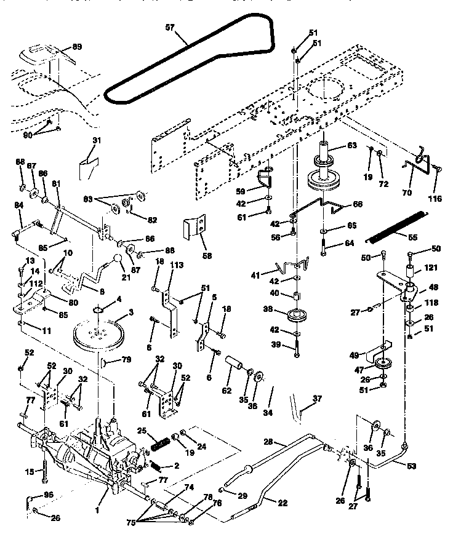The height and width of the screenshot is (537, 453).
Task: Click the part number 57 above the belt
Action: pos(170,26)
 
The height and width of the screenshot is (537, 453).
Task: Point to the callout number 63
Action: pos(352,146)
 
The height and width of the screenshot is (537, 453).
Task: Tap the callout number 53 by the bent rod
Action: pos(411,467)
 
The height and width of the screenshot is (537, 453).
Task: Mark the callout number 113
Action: pos(178,266)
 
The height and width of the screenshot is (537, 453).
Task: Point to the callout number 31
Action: pos(95,140)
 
